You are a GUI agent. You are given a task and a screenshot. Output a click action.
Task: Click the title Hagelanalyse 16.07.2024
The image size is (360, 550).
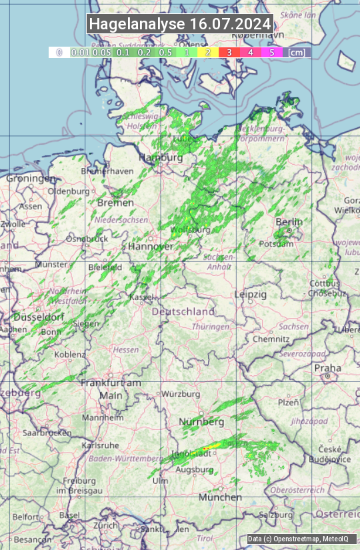tap(180, 24)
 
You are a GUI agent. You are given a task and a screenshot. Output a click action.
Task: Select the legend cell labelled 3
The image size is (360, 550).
tap(229, 52)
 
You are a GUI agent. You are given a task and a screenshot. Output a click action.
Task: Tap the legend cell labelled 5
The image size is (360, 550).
tap(271, 52)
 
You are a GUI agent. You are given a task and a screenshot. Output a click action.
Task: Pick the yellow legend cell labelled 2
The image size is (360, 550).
tap(208, 52)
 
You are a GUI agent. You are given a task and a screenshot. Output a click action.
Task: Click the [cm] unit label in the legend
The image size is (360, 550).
tap(297, 52)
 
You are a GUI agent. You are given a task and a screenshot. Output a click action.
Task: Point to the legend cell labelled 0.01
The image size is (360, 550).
tap(80, 52)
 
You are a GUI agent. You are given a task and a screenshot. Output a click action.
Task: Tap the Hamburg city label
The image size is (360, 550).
tap(160, 158)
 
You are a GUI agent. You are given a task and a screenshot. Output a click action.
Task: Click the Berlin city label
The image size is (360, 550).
tap(289, 222)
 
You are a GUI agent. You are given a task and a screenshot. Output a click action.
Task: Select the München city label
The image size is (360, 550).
tap(220, 497)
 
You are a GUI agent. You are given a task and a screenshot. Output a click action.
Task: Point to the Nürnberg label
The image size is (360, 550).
tap(201, 422)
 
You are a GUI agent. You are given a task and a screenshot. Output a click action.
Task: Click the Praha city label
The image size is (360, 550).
tap(328, 368)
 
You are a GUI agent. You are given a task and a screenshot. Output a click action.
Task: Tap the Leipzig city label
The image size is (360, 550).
tap(251, 294)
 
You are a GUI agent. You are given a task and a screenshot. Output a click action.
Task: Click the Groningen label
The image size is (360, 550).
tap(31, 179)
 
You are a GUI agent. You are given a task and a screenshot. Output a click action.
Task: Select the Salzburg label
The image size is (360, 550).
tap(276, 515)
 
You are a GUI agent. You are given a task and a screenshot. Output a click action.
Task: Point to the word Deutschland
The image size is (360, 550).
tap(183, 311)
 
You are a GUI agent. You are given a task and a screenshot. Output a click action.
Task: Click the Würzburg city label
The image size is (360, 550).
tap(181, 394)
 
